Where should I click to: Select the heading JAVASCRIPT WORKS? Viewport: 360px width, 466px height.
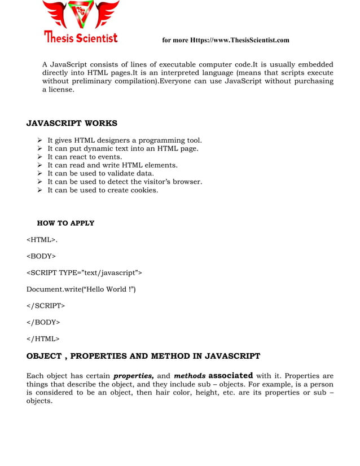(x=72, y=124)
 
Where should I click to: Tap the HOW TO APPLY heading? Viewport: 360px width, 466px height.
(x=65, y=223)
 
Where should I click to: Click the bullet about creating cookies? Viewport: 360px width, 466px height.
(x=103, y=190)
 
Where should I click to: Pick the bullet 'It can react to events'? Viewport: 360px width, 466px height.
(x=85, y=157)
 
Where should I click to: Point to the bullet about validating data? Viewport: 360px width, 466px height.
(x=100, y=173)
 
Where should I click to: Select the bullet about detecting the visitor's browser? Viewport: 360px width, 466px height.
(x=124, y=182)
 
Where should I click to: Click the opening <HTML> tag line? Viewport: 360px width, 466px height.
(x=42, y=240)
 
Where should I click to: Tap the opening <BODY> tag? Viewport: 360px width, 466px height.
(x=41, y=256)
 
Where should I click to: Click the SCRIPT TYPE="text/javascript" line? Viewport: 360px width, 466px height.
(x=84, y=273)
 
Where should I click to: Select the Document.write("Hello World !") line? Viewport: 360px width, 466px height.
(x=81, y=289)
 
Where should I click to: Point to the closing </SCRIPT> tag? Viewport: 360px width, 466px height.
(x=46, y=306)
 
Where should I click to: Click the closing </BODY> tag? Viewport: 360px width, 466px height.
(x=43, y=322)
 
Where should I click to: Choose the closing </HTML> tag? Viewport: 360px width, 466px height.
(x=43, y=338)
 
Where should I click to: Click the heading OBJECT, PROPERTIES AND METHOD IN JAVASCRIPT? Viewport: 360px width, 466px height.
(x=143, y=356)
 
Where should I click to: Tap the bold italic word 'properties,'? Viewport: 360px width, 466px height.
(x=134, y=376)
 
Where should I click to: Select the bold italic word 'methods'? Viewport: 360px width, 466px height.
(x=190, y=376)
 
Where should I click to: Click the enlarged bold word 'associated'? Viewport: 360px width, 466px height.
(x=230, y=375)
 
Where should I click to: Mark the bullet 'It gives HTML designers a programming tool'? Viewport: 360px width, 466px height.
(x=124, y=140)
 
